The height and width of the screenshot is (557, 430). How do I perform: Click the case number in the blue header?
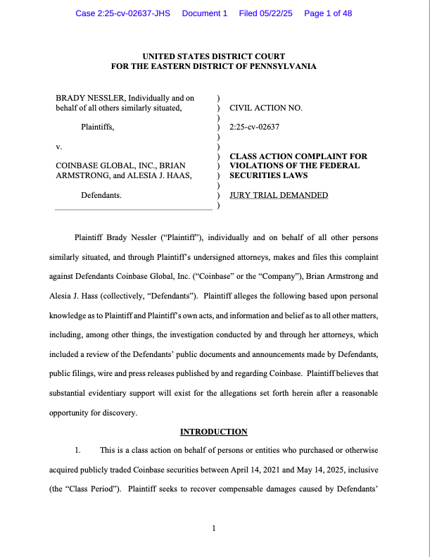coord(123,13)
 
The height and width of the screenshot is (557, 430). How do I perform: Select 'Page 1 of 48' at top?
coord(328,13)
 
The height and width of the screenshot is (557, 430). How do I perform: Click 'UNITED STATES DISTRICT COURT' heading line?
coord(214,56)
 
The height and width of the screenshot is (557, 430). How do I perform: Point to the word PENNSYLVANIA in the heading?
coord(280,66)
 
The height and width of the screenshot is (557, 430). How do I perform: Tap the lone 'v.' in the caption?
coord(58,147)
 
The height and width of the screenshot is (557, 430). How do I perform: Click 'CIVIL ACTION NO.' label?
coord(266,108)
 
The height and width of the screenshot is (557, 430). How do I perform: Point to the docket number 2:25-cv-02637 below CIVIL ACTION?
coord(255,127)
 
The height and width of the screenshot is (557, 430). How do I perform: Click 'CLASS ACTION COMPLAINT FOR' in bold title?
coord(298,156)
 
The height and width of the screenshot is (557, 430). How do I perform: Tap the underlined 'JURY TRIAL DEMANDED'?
coord(279,195)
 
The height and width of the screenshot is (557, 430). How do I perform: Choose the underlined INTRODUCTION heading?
coord(214,432)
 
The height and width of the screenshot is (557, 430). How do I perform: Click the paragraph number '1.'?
coord(79,449)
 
